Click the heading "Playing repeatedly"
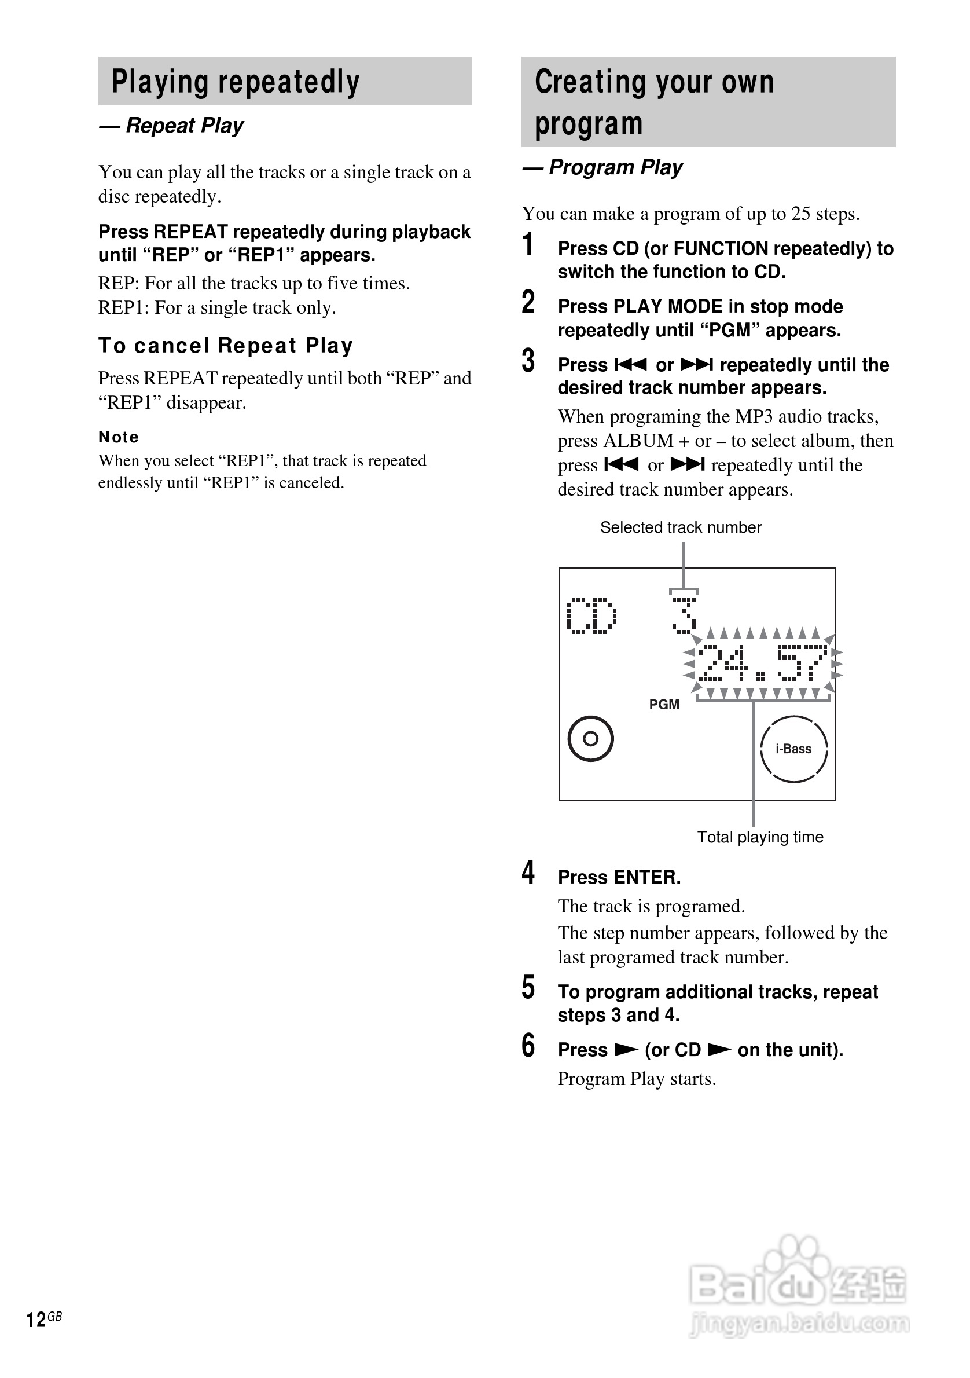click(235, 82)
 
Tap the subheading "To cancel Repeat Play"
click(226, 346)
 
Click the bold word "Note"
click(119, 437)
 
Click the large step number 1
click(528, 245)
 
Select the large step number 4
click(528, 873)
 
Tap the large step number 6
click(528, 1046)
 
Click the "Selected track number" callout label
click(680, 527)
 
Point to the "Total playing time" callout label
click(760, 837)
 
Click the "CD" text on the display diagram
click(591, 616)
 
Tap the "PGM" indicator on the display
click(664, 705)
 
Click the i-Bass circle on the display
click(793, 749)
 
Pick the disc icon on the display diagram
click(590, 739)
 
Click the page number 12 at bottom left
click(36, 1319)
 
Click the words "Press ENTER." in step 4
click(619, 877)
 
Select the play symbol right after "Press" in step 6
click(626, 1050)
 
